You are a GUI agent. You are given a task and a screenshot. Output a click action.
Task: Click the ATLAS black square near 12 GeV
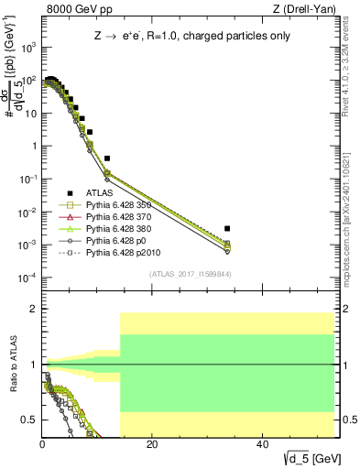[x=107, y=158]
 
